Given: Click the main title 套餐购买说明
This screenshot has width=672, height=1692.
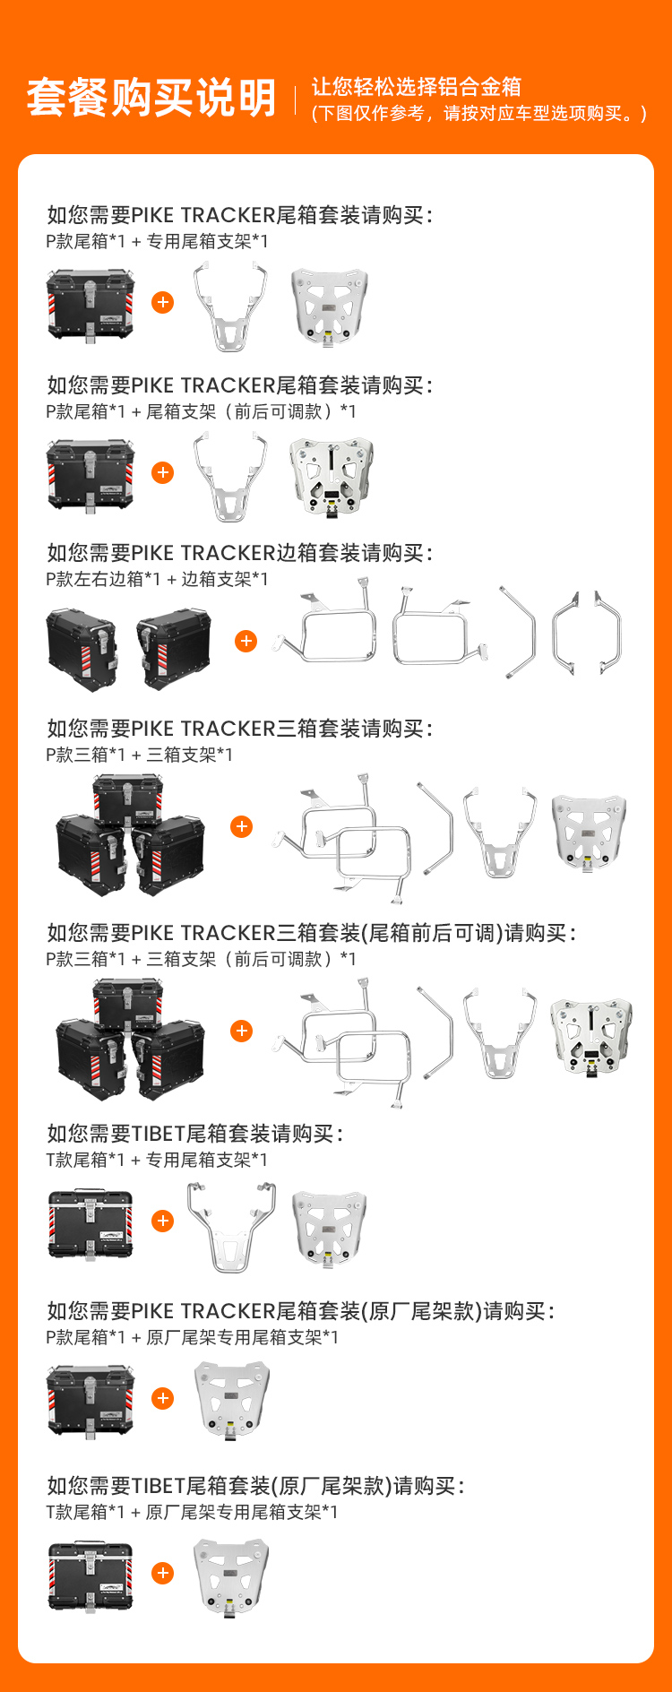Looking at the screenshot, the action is coord(151,98).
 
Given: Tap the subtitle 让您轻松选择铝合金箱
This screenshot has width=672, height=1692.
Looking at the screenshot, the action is coord(416,86).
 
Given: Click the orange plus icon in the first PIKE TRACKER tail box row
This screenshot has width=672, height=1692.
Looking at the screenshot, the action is coord(163,303).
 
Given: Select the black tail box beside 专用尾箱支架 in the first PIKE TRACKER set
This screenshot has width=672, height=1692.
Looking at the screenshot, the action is coord(90,306).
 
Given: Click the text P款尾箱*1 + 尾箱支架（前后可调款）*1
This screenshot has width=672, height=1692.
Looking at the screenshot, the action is coord(201,411).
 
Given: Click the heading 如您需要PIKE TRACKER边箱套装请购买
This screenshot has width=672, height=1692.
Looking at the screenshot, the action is coord(239,553).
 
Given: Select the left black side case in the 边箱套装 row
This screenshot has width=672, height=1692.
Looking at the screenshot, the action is coord(82,650).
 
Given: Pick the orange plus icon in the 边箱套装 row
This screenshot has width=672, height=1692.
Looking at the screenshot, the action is coord(246,642).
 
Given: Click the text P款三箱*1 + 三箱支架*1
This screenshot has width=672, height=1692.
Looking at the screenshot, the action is coord(139,755).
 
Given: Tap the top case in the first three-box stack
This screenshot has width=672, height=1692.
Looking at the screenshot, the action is coord(128,800).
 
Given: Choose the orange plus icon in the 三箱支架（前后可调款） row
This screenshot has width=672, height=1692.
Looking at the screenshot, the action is coord(242,1031).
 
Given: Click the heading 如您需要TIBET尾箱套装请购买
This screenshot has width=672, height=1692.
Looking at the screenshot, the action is coord(194,1134).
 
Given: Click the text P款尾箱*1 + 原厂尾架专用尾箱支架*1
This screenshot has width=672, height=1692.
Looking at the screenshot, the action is coord(192,1337).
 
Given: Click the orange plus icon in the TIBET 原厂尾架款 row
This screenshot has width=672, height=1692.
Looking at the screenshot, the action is coord(163,1573).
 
